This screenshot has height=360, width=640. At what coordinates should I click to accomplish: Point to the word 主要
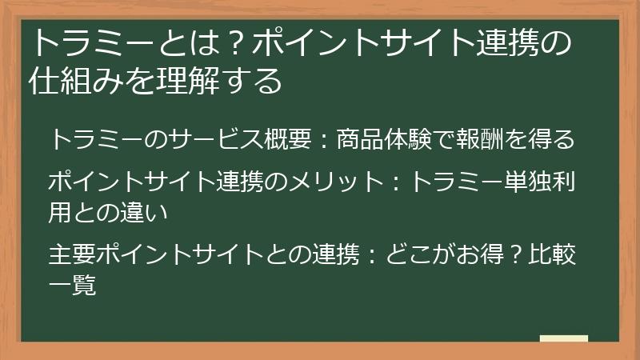(72, 255)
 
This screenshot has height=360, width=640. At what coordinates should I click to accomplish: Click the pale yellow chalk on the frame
(563, 339)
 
